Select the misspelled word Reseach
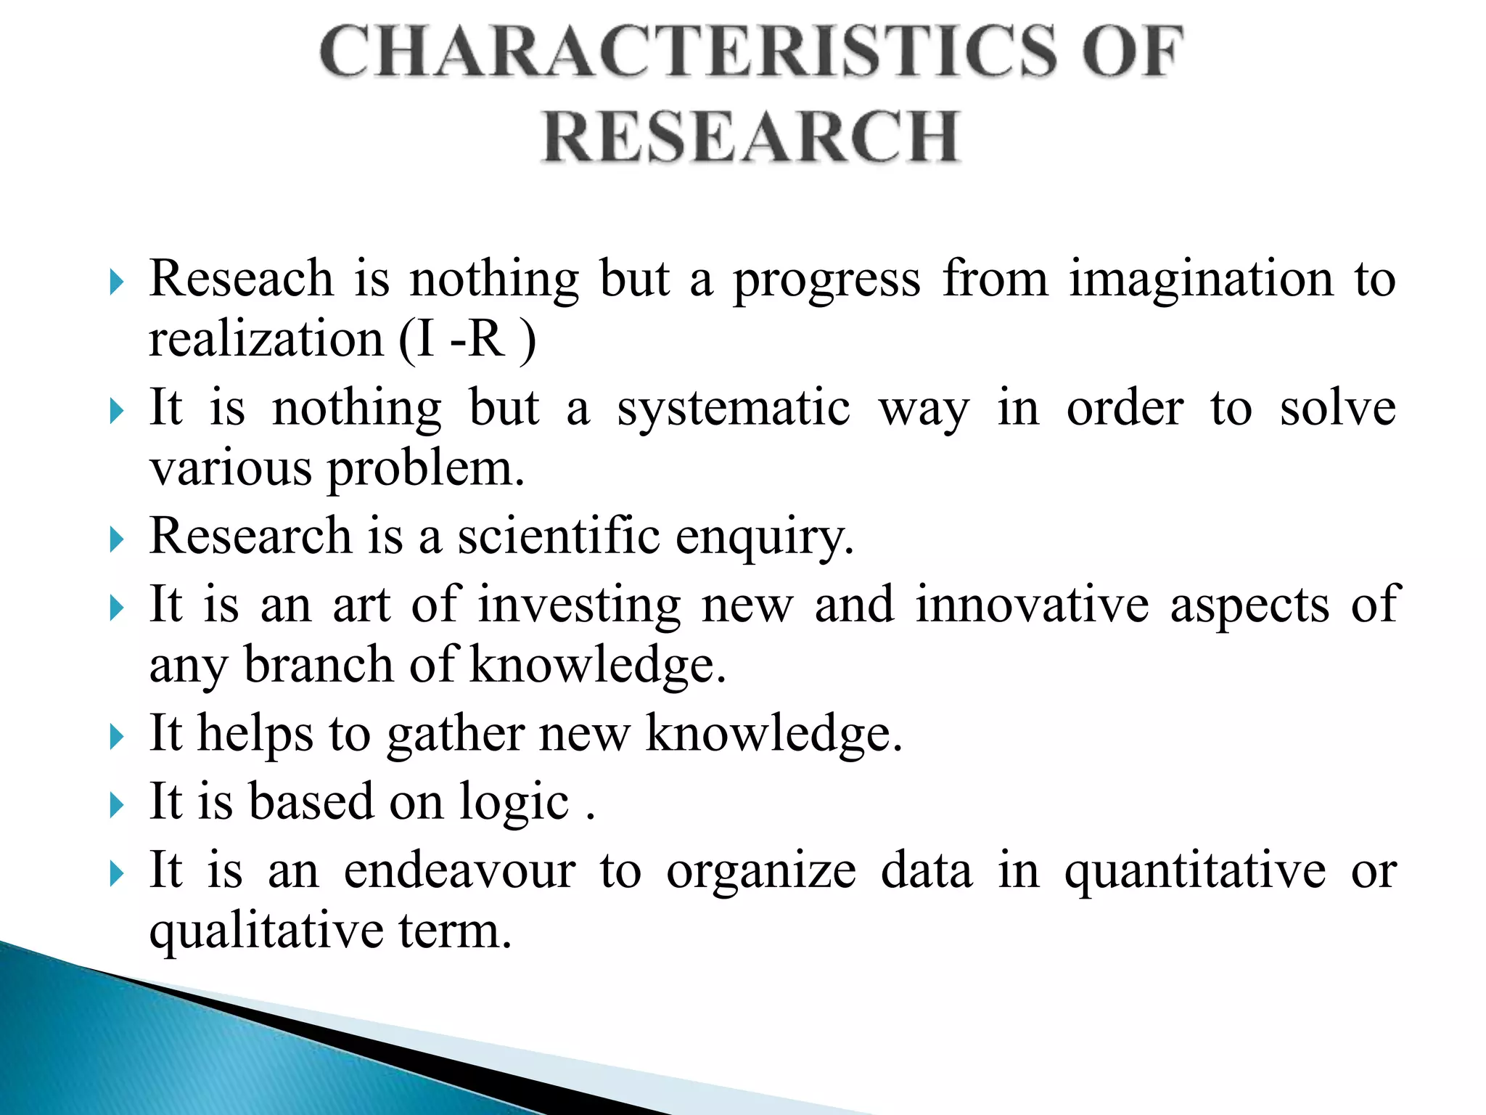[x=241, y=278]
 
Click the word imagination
[x=1201, y=279]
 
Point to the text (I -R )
[x=467, y=340]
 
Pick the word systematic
[x=733, y=409]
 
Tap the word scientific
[x=558, y=536]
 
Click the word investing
[x=579, y=605]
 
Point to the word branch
[x=318, y=664]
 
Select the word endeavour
[x=459, y=870]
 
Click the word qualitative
[x=266, y=931]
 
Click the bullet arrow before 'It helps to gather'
[x=116, y=737]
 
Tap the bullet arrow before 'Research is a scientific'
[x=116, y=539]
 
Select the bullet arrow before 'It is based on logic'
[x=116, y=805]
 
